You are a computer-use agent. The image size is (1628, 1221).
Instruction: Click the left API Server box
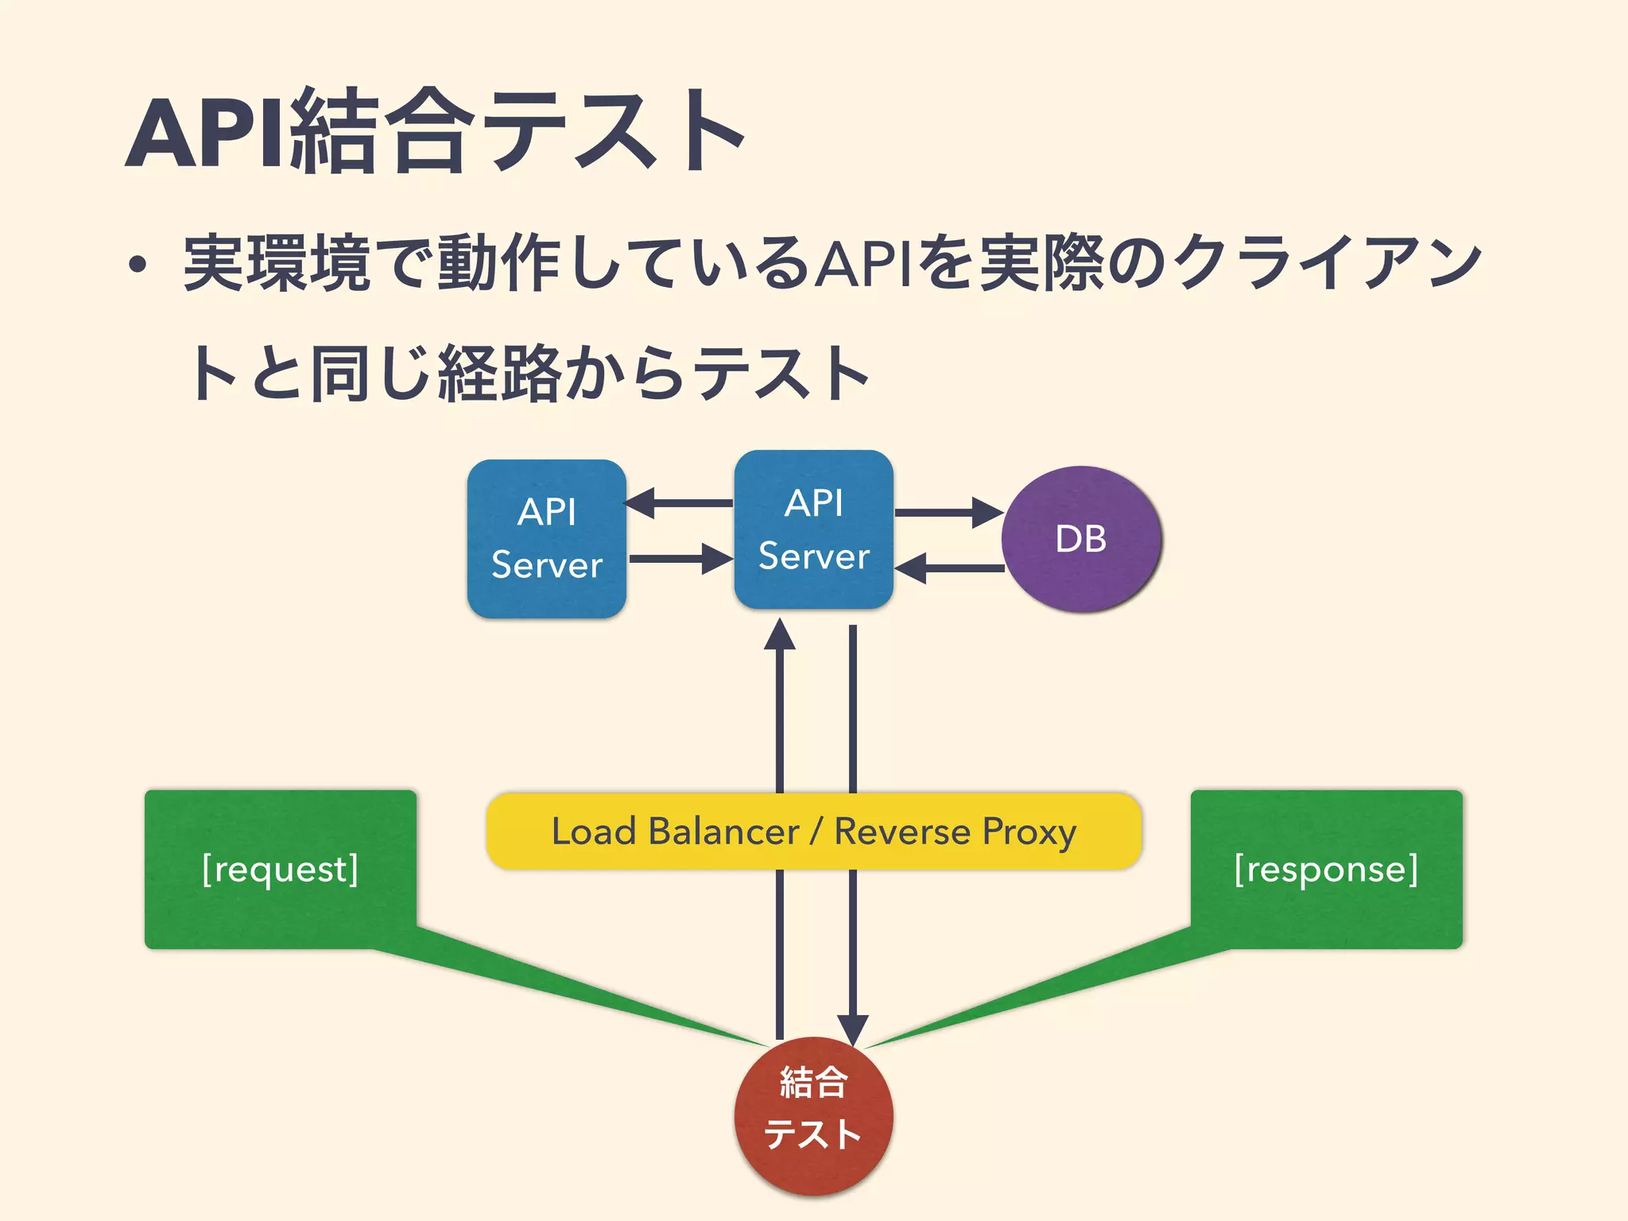[547, 539]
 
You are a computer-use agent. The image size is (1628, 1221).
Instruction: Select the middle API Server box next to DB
[813, 529]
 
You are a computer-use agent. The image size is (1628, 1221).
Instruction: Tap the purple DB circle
[1081, 539]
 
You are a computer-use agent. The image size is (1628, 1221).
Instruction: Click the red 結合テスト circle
[813, 1115]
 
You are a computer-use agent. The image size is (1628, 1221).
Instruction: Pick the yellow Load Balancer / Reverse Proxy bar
[813, 831]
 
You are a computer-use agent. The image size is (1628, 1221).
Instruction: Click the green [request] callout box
[280, 869]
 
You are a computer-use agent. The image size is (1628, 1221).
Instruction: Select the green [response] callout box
[1326, 869]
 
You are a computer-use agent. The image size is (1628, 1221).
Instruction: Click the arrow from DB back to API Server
[949, 568]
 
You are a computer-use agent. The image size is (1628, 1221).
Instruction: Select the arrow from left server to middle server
[680, 559]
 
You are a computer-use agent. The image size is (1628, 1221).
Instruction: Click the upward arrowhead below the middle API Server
[780, 636]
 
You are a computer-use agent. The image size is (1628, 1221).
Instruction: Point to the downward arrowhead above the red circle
[852, 1030]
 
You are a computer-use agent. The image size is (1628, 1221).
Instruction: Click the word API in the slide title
[205, 134]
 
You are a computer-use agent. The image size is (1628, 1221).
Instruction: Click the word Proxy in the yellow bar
[1029, 832]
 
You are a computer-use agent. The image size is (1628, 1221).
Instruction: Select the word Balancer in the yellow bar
[723, 831]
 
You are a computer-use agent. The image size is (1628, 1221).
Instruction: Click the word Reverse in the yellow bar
[902, 831]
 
